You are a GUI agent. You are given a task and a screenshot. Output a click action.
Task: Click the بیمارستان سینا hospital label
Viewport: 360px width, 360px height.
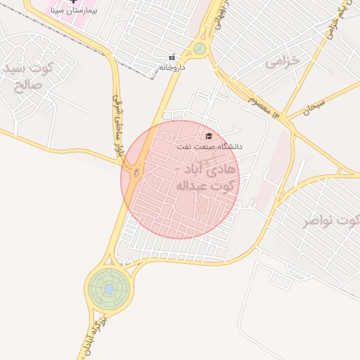coord(73,12)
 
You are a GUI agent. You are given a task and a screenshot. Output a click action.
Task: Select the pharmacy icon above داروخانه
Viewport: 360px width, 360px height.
coord(172,58)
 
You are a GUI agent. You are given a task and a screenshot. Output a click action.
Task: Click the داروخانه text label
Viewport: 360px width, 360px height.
coord(171,67)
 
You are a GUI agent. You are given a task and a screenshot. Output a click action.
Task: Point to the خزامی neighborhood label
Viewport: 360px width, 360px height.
coord(283,62)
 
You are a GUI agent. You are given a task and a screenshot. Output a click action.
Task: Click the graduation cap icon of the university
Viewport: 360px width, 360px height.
coord(208,136)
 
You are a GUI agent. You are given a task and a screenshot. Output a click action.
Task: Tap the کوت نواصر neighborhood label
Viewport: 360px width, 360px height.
coord(330,222)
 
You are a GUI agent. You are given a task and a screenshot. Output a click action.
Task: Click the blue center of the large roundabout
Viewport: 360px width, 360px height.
coord(109,288)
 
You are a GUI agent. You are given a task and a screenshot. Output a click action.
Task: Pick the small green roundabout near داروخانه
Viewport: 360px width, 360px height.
coord(200,49)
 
